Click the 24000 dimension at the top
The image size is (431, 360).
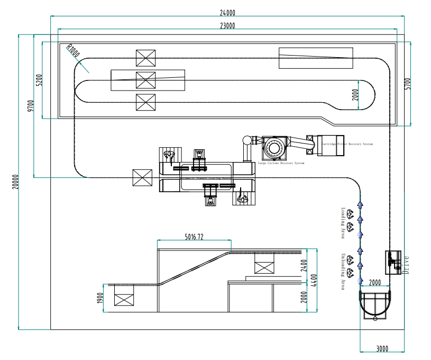pos(228,13)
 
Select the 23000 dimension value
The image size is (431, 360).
pos(228,25)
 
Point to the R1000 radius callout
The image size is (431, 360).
pos(72,51)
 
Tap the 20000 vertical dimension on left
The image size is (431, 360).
pos(15,182)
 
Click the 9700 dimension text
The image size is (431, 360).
pos(31,106)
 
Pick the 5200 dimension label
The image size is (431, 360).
pos(39,80)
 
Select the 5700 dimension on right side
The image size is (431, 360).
pos(407,83)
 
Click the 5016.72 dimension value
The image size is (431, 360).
pos(194,237)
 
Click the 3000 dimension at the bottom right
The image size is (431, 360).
pos(382,348)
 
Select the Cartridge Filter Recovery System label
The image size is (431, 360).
pos(346,144)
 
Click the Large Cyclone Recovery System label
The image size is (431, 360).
pos(281,163)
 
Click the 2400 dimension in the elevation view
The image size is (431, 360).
pos(304,265)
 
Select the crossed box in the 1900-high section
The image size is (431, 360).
pos(124,299)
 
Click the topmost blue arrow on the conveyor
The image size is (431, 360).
pos(360,203)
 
